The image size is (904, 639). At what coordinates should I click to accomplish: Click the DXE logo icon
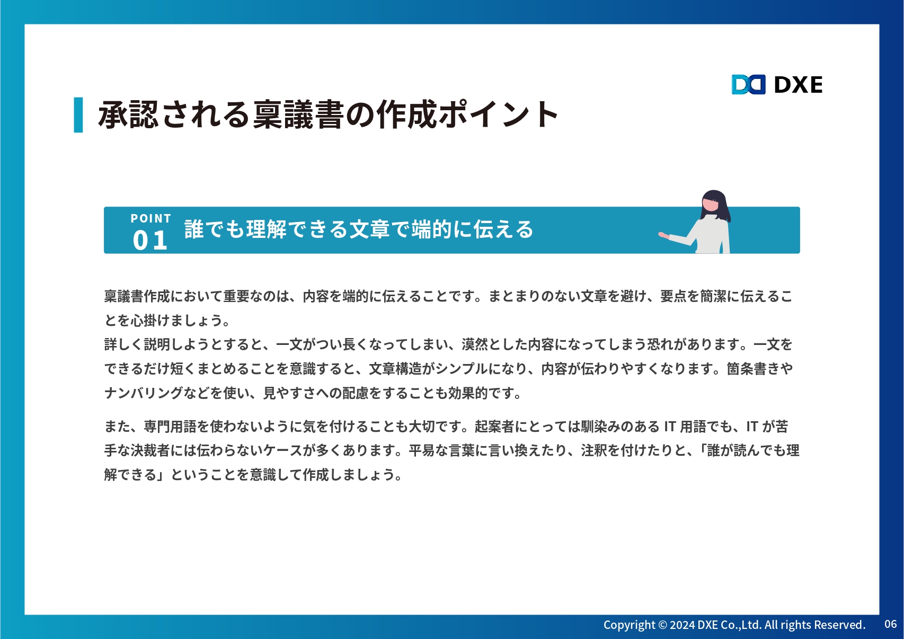[x=748, y=84]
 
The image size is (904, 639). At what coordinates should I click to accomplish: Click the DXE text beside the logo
[x=798, y=85]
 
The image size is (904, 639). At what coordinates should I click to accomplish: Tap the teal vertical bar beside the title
[x=78, y=114]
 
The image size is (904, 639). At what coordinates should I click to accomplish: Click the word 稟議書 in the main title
[x=299, y=115]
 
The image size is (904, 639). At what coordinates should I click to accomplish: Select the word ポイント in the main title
[x=498, y=115]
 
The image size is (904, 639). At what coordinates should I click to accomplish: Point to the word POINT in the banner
[x=151, y=218]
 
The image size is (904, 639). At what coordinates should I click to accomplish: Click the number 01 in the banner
[x=150, y=240]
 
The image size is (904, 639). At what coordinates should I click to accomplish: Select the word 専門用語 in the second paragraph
[x=170, y=427]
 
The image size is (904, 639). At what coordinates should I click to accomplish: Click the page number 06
[x=890, y=624]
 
